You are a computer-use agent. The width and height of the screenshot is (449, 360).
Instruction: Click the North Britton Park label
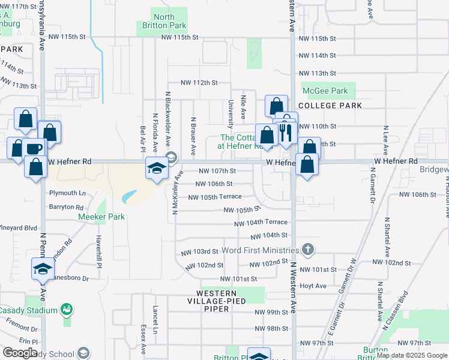[x=161, y=21]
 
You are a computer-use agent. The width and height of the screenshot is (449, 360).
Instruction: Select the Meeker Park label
[x=101, y=216]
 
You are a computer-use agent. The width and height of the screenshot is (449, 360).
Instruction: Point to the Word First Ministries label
[x=260, y=250]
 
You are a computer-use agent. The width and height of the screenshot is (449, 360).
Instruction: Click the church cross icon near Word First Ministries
[x=307, y=249]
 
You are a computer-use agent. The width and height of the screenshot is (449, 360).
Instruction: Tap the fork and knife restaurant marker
[x=285, y=132]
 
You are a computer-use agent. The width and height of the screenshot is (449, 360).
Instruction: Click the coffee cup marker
[x=34, y=148]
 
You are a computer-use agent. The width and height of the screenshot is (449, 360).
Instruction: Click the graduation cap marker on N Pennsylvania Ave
[x=43, y=268]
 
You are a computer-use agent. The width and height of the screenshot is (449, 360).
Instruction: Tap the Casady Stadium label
[x=28, y=310]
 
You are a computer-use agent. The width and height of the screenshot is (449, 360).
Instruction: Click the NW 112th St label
[x=199, y=82]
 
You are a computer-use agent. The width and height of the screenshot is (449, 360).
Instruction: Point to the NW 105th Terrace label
[x=215, y=197]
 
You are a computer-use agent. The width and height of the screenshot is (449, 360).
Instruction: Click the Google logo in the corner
[x=19, y=353]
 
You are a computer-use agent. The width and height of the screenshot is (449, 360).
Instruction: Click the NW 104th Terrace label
[x=261, y=222]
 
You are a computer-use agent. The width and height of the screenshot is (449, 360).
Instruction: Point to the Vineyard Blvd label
[x=19, y=228]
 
